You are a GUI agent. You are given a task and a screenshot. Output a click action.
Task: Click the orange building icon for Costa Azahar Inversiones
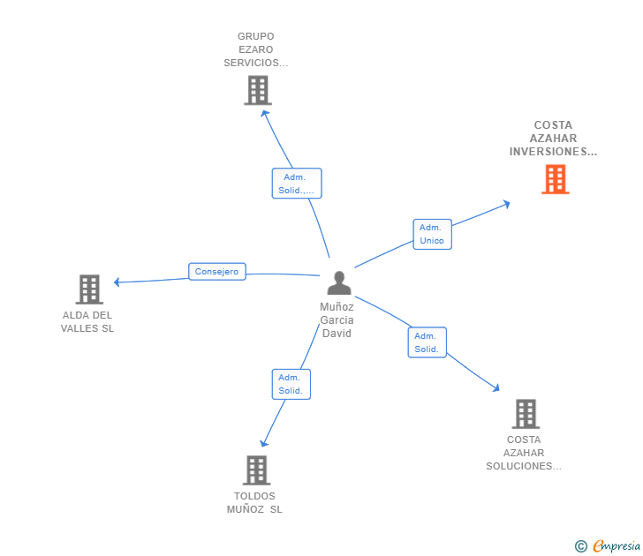(555, 179)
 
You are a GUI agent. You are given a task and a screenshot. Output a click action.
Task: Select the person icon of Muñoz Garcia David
(339, 283)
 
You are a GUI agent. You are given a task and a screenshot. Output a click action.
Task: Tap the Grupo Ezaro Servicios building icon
(257, 90)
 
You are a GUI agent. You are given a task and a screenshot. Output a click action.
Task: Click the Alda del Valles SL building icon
(89, 289)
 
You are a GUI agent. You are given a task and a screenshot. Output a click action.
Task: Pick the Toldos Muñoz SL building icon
(256, 470)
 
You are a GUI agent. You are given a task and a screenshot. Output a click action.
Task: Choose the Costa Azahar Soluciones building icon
(526, 413)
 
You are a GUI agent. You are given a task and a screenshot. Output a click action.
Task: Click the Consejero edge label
(216, 272)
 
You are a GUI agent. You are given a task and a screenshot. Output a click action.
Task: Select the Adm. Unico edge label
(432, 234)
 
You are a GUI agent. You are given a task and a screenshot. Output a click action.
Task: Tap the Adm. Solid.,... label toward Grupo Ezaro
(296, 184)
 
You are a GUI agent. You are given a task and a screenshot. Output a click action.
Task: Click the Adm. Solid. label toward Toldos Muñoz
(290, 384)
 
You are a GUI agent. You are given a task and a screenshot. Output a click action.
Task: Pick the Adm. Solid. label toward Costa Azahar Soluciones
(427, 342)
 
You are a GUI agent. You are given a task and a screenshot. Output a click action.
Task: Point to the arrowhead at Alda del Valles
(117, 282)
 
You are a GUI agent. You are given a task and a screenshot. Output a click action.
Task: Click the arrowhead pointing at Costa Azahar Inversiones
(506, 204)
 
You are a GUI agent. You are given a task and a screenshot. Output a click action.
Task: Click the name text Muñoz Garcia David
(337, 320)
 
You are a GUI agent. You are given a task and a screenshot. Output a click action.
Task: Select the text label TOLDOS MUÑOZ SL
(254, 503)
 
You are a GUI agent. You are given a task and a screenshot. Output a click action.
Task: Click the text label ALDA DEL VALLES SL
(88, 322)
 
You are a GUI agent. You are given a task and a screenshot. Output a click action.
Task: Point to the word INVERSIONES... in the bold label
(553, 152)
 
